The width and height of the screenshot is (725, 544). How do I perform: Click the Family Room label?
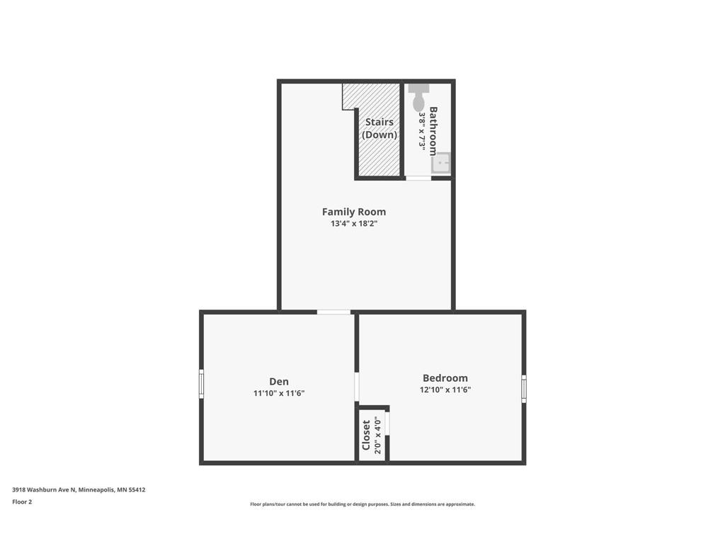354,211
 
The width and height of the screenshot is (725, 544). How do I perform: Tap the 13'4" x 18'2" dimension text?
354,224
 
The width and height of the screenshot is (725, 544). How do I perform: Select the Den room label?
279,381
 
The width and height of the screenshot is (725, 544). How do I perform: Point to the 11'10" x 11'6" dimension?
279,393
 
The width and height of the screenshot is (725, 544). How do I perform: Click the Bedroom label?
445,378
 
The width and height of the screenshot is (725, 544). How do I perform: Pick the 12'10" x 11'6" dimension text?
445,390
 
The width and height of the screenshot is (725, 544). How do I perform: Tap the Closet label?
366,435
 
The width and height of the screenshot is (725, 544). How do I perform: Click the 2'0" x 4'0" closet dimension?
378,435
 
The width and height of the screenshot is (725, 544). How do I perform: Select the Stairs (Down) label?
379,128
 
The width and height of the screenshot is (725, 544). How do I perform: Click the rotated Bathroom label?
433,130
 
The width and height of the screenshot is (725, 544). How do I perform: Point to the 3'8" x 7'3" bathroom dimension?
422,130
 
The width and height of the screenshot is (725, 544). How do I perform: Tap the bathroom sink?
442,163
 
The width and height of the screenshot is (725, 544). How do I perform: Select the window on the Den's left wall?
201,383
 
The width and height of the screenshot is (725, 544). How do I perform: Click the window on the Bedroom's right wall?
524,389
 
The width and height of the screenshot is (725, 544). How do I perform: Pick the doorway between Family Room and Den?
333,312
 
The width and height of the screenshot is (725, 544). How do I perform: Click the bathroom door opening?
418,178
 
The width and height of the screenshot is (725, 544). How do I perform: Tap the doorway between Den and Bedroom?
357,387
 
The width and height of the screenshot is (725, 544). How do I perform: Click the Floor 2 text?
22,501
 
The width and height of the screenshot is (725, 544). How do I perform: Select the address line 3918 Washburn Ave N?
78,489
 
